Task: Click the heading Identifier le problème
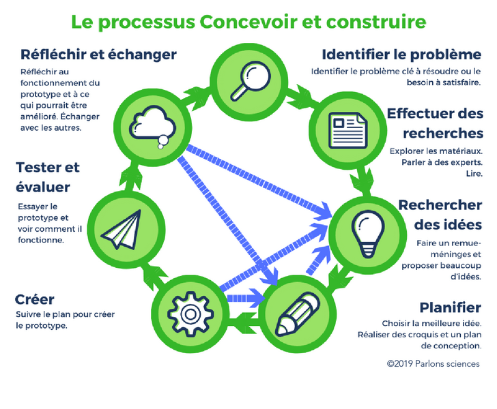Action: point(401,55)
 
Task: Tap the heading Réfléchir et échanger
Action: point(98,55)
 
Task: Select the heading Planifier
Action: point(450,307)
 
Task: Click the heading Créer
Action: point(34,300)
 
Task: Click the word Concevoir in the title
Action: point(253,22)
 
